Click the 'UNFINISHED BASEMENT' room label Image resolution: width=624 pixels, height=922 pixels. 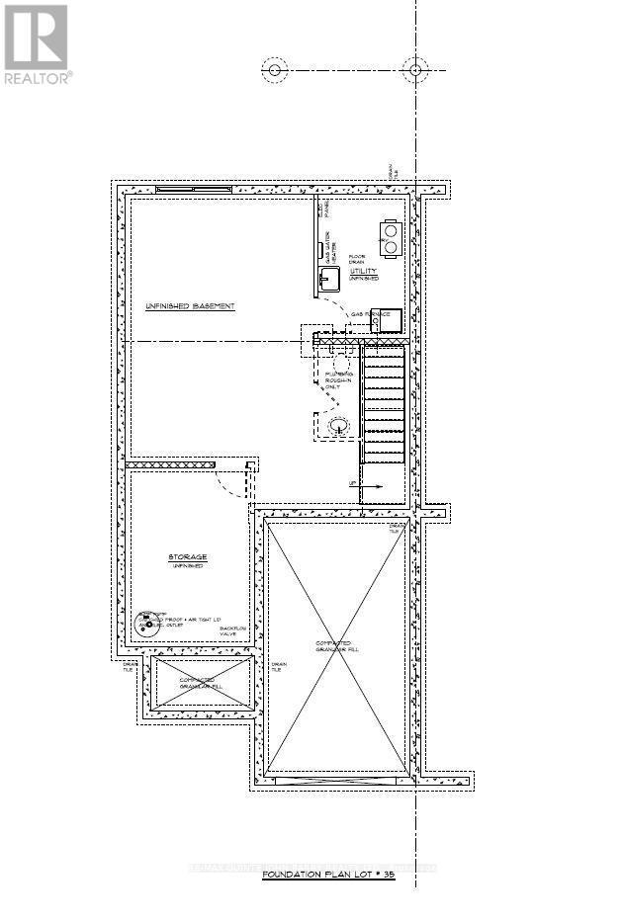(189, 306)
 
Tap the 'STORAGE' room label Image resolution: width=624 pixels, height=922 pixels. (187, 559)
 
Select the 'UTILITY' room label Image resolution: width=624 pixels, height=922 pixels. (362, 270)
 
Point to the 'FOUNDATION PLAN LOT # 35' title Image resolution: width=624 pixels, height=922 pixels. (327, 876)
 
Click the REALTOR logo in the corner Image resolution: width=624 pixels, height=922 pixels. (37, 43)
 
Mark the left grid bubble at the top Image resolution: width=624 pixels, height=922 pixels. (275, 69)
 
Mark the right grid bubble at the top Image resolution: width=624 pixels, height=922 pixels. (415, 69)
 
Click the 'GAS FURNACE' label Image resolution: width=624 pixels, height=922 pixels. (371, 314)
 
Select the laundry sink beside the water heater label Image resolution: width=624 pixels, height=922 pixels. (328, 280)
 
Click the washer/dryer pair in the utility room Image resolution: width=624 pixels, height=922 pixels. (391, 233)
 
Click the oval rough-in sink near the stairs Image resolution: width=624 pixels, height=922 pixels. (339, 426)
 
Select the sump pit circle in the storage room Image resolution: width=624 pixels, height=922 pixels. (145, 625)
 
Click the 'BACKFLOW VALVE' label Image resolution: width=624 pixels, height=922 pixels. (232, 631)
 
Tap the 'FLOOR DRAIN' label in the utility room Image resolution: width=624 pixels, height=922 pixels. (357, 259)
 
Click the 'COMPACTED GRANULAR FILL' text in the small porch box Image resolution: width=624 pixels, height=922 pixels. (203, 683)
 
